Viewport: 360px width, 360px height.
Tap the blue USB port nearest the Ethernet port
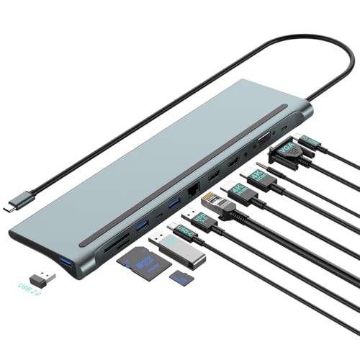pyautogui.click(x=174, y=207)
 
